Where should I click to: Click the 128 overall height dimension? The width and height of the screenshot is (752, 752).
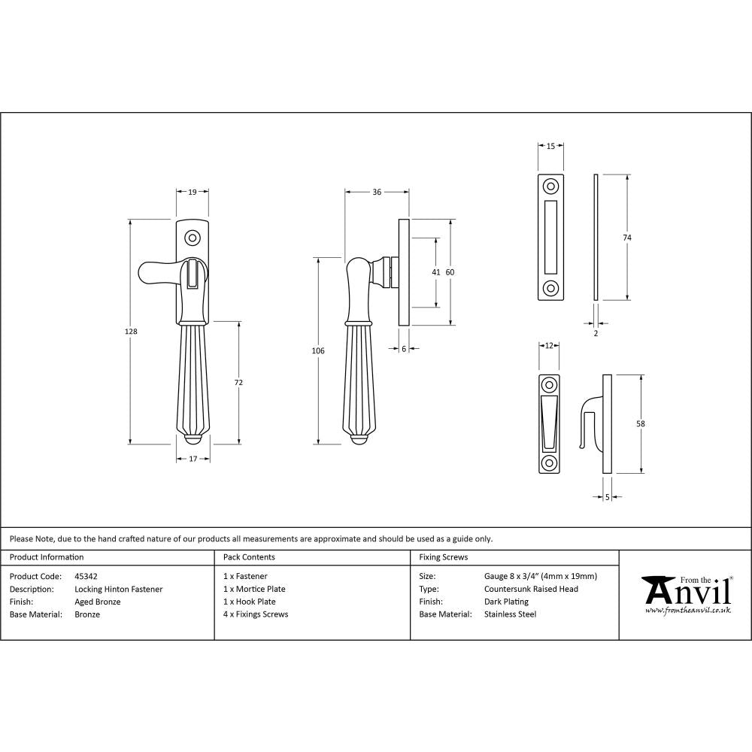click(132, 332)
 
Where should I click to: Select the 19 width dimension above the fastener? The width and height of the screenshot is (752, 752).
click(193, 193)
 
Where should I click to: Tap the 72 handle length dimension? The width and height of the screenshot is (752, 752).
click(239, 383)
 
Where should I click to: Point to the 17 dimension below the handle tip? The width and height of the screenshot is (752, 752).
click(193, 459)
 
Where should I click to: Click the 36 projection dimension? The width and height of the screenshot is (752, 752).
click(377, 193)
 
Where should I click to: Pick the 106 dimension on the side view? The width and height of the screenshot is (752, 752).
click(319, 351)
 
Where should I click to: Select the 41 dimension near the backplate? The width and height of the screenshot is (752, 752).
click(435, 272)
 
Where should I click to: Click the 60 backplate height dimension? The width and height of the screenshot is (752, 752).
click(450, 272)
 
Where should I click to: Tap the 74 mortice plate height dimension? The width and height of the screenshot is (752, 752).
click(627, 238)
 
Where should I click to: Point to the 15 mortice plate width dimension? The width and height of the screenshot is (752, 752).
click(551, 147)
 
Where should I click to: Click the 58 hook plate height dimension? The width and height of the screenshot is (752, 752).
click(640, 423)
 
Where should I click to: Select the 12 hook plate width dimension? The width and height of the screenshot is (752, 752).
click(549, 345)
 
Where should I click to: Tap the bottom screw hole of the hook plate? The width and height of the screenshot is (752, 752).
click(549, 462)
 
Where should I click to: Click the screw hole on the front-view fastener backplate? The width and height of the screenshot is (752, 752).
click(193, 238)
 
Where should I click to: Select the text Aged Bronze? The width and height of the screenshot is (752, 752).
click(98, 602)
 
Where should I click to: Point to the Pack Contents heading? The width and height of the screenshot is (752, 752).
click(249, 557)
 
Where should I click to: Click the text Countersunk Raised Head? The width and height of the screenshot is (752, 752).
click(531, 589)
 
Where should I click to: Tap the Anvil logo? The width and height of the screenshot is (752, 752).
click(686, 595)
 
